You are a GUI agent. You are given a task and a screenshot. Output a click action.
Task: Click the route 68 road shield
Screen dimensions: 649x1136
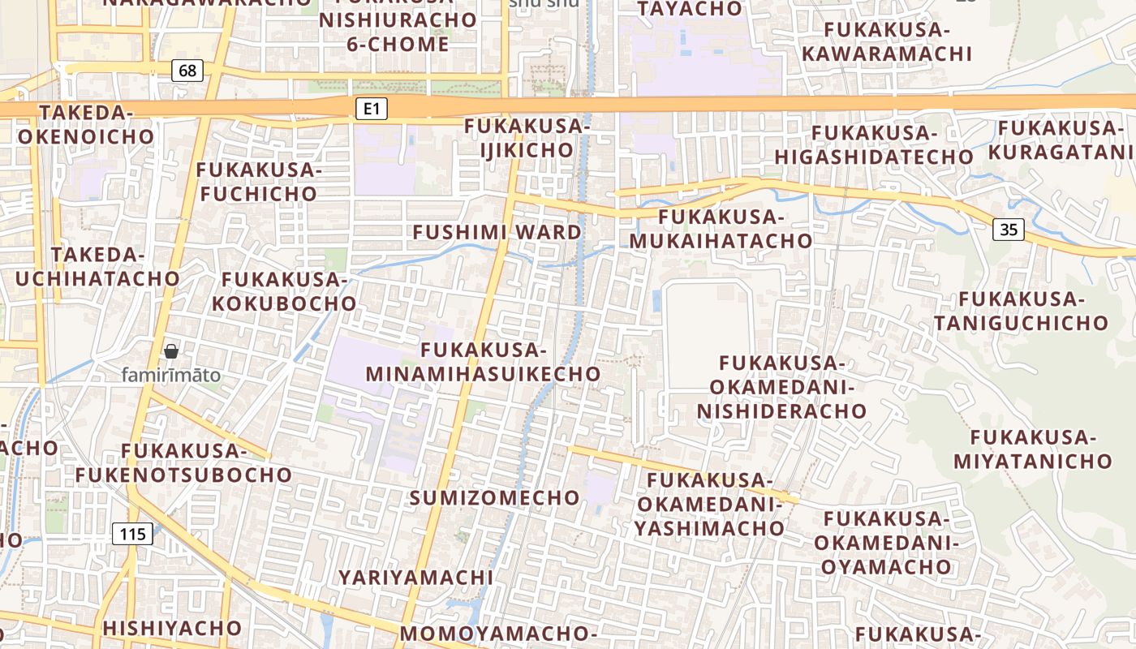(187, 71)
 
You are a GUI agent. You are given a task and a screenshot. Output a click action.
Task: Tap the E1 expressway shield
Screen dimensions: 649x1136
(371, 108)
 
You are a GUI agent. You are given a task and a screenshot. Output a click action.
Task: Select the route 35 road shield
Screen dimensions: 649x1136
(1008, 230)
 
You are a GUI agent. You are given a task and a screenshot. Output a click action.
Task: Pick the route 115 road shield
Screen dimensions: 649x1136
(132, 534)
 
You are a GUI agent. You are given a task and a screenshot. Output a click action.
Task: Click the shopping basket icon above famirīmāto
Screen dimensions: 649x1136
(171, 351)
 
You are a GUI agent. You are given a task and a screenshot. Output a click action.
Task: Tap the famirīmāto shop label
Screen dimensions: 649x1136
(170, 375)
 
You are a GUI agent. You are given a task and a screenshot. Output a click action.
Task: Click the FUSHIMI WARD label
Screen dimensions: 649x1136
(497, 232)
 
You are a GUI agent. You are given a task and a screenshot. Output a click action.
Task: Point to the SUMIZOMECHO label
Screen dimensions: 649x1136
(494, 497)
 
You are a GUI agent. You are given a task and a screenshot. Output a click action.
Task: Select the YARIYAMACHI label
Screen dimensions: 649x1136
(415, 577)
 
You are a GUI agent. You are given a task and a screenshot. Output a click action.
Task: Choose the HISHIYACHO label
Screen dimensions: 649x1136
(172, 627)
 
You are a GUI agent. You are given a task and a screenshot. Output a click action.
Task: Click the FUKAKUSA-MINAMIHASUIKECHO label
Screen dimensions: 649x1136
(484, 362)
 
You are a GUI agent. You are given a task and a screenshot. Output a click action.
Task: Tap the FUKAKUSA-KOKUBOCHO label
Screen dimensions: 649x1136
(289, 291)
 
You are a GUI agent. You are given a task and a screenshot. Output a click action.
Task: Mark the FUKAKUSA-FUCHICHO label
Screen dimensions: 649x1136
(259, 182)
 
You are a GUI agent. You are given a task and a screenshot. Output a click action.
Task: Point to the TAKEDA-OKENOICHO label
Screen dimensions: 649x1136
(85, 124)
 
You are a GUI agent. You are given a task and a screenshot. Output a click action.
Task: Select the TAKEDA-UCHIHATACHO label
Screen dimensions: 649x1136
(97, 266)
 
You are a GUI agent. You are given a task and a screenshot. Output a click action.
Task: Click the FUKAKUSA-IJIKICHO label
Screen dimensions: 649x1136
(527, 138)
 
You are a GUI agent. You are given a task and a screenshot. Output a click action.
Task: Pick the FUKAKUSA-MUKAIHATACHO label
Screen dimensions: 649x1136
(721, 229)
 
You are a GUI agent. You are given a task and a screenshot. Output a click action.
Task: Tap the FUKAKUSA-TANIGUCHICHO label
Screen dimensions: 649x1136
(1021, 311)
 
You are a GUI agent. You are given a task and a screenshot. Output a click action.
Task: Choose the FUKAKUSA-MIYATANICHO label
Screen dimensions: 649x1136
(1032, 449)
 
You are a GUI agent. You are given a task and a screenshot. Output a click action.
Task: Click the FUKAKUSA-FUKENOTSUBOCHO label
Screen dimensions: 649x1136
(183, 462)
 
